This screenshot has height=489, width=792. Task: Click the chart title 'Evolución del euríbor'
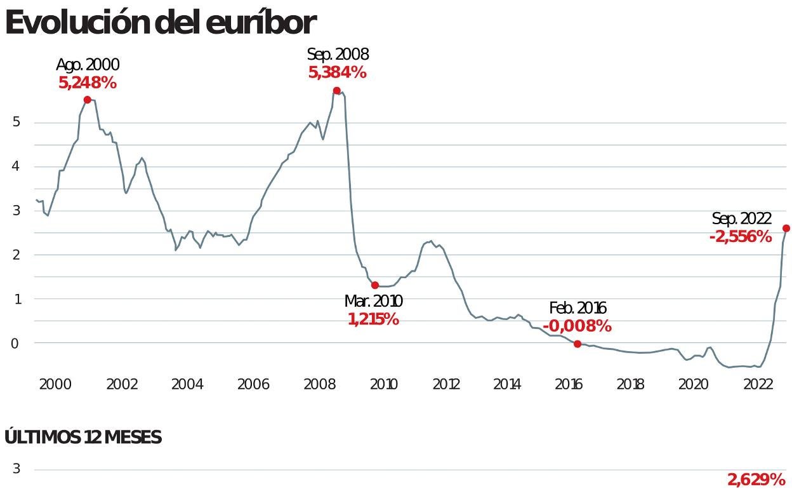161,23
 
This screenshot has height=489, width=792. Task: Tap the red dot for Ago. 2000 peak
88,100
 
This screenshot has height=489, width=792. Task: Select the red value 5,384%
338,72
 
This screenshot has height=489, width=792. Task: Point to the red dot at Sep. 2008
336,91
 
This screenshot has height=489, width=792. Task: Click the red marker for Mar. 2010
375,285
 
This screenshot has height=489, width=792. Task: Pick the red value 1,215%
373,319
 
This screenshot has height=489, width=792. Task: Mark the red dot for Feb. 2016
577,344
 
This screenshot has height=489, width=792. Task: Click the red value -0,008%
577,326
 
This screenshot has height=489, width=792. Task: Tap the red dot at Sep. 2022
786,228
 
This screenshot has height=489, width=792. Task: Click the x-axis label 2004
187,384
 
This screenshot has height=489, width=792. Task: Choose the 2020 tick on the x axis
693,384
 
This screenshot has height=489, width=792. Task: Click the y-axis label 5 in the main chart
16,122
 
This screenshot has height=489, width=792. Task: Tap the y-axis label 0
16,343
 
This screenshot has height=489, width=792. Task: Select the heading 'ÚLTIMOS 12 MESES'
83,438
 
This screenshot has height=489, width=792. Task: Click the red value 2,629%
756,479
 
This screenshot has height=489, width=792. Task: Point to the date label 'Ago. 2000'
88,65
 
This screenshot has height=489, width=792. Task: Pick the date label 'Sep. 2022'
741,220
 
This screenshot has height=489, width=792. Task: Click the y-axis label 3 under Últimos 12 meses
16,469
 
